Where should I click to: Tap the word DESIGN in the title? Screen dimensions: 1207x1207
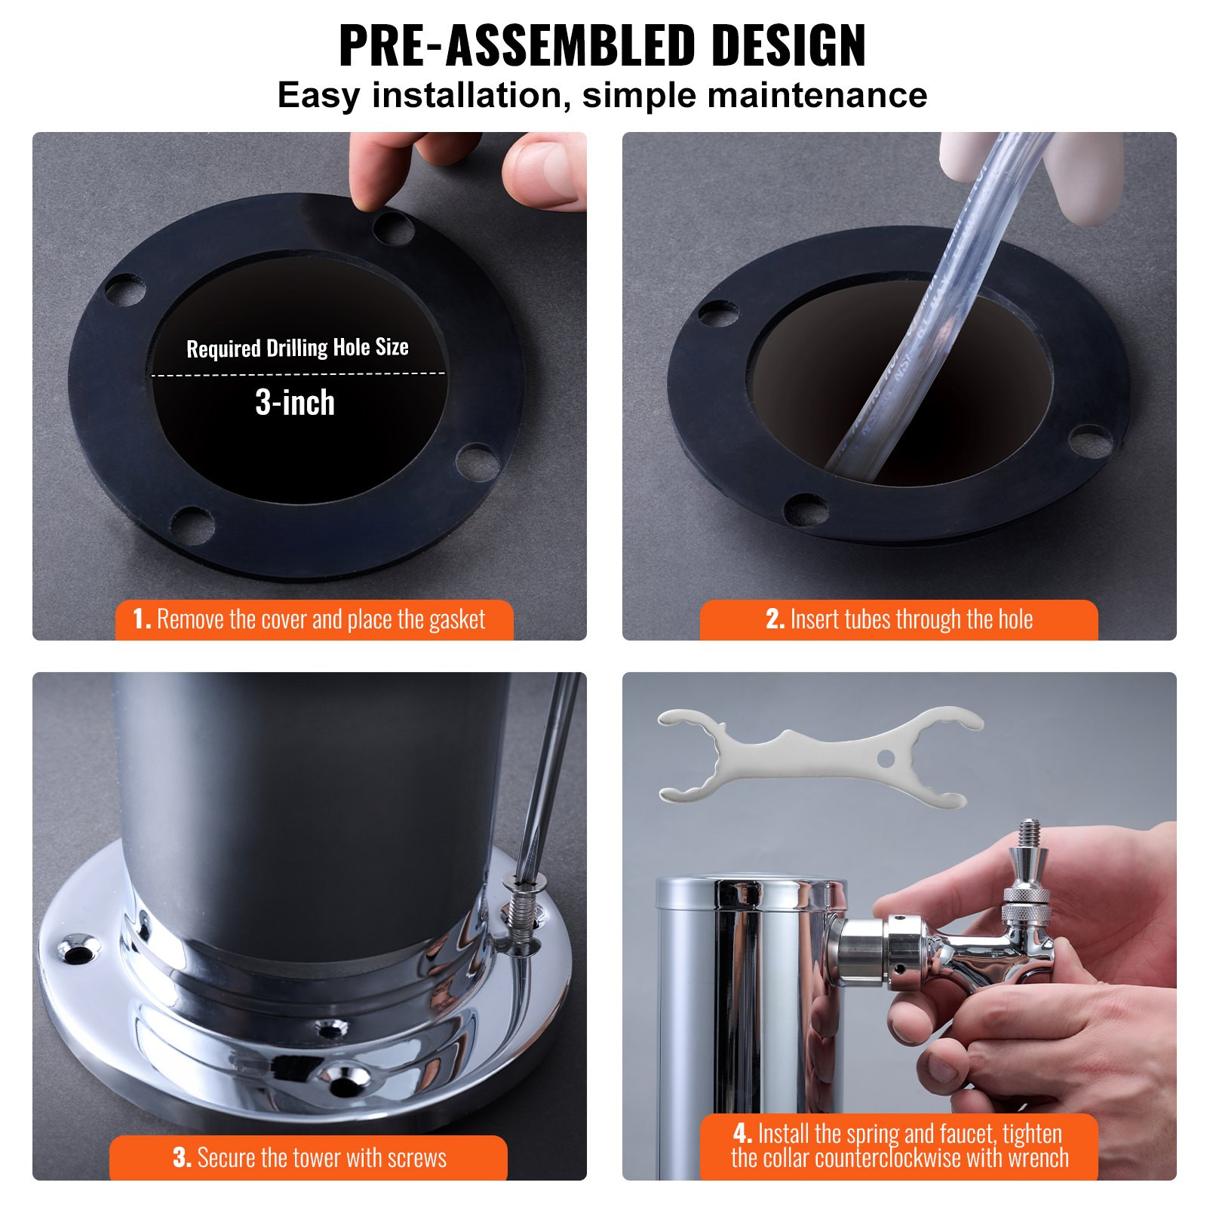788,47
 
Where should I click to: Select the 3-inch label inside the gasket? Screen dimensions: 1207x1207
295,403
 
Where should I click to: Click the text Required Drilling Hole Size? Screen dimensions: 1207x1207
297,348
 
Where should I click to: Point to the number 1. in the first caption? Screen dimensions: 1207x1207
141,619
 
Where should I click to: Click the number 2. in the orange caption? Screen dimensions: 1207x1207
775,619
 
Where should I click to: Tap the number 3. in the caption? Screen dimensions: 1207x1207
182,1157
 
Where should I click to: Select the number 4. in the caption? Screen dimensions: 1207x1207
742,1133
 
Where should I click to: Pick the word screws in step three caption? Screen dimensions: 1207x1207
416,1157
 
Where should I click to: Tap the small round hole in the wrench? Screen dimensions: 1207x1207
886,757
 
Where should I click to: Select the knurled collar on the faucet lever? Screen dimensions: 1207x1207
1025,897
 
